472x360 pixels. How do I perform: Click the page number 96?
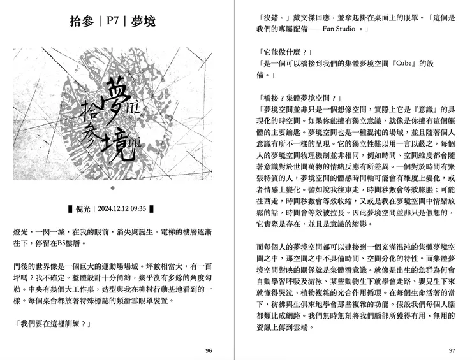[209, 350]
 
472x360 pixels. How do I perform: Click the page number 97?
[452, 350]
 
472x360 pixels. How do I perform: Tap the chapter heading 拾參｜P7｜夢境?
[112, 22]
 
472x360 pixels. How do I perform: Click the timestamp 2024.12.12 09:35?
[122, 208]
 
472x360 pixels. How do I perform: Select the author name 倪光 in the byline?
[84, 208]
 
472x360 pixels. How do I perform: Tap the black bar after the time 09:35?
[152, 208]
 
